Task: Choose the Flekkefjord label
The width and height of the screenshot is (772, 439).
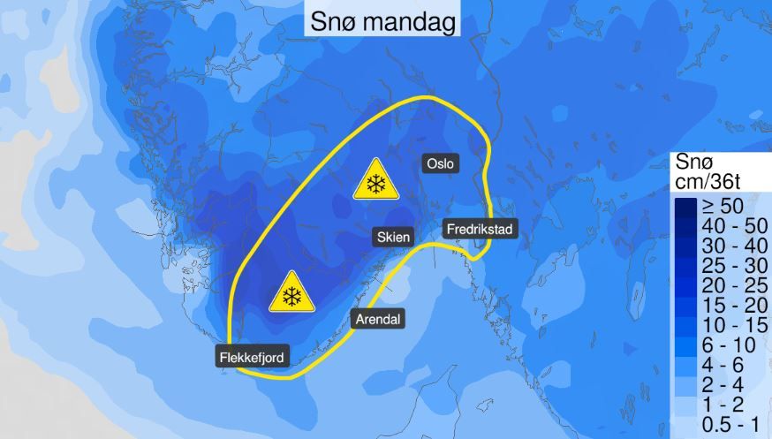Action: coord(250,358)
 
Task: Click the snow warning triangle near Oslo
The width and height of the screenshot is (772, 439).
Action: coord(376,181)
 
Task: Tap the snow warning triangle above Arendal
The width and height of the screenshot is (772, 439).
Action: coord(292,293)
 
